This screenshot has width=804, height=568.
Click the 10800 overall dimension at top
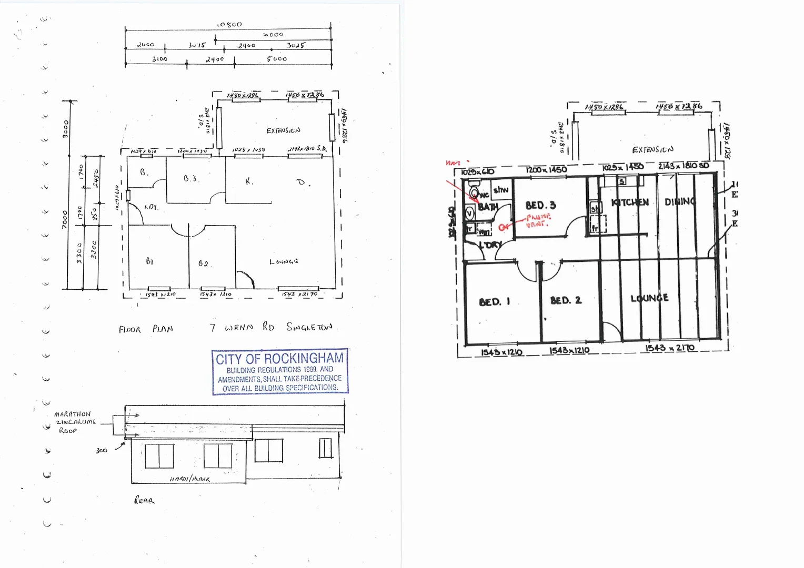229,24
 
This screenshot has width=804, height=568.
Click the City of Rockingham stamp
280,371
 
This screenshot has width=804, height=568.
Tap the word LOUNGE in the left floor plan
284,261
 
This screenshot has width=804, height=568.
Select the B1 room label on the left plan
149,261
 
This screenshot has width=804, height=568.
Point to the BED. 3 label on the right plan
540,205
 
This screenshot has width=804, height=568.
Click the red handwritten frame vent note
538,220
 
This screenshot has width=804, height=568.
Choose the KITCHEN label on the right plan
630,202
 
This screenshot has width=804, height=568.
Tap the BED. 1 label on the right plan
494,302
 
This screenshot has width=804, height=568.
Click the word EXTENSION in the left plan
283,130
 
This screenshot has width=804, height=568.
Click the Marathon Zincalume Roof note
74,422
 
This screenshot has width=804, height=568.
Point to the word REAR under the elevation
144,500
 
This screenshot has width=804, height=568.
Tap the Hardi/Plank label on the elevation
189,479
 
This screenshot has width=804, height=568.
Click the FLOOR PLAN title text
146,329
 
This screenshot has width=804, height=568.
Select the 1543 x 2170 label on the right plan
670,348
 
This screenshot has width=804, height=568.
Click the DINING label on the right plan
680,201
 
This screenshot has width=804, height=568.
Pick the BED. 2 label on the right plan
566,300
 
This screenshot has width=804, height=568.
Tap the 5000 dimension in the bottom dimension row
277,59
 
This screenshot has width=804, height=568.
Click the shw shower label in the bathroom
501,190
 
